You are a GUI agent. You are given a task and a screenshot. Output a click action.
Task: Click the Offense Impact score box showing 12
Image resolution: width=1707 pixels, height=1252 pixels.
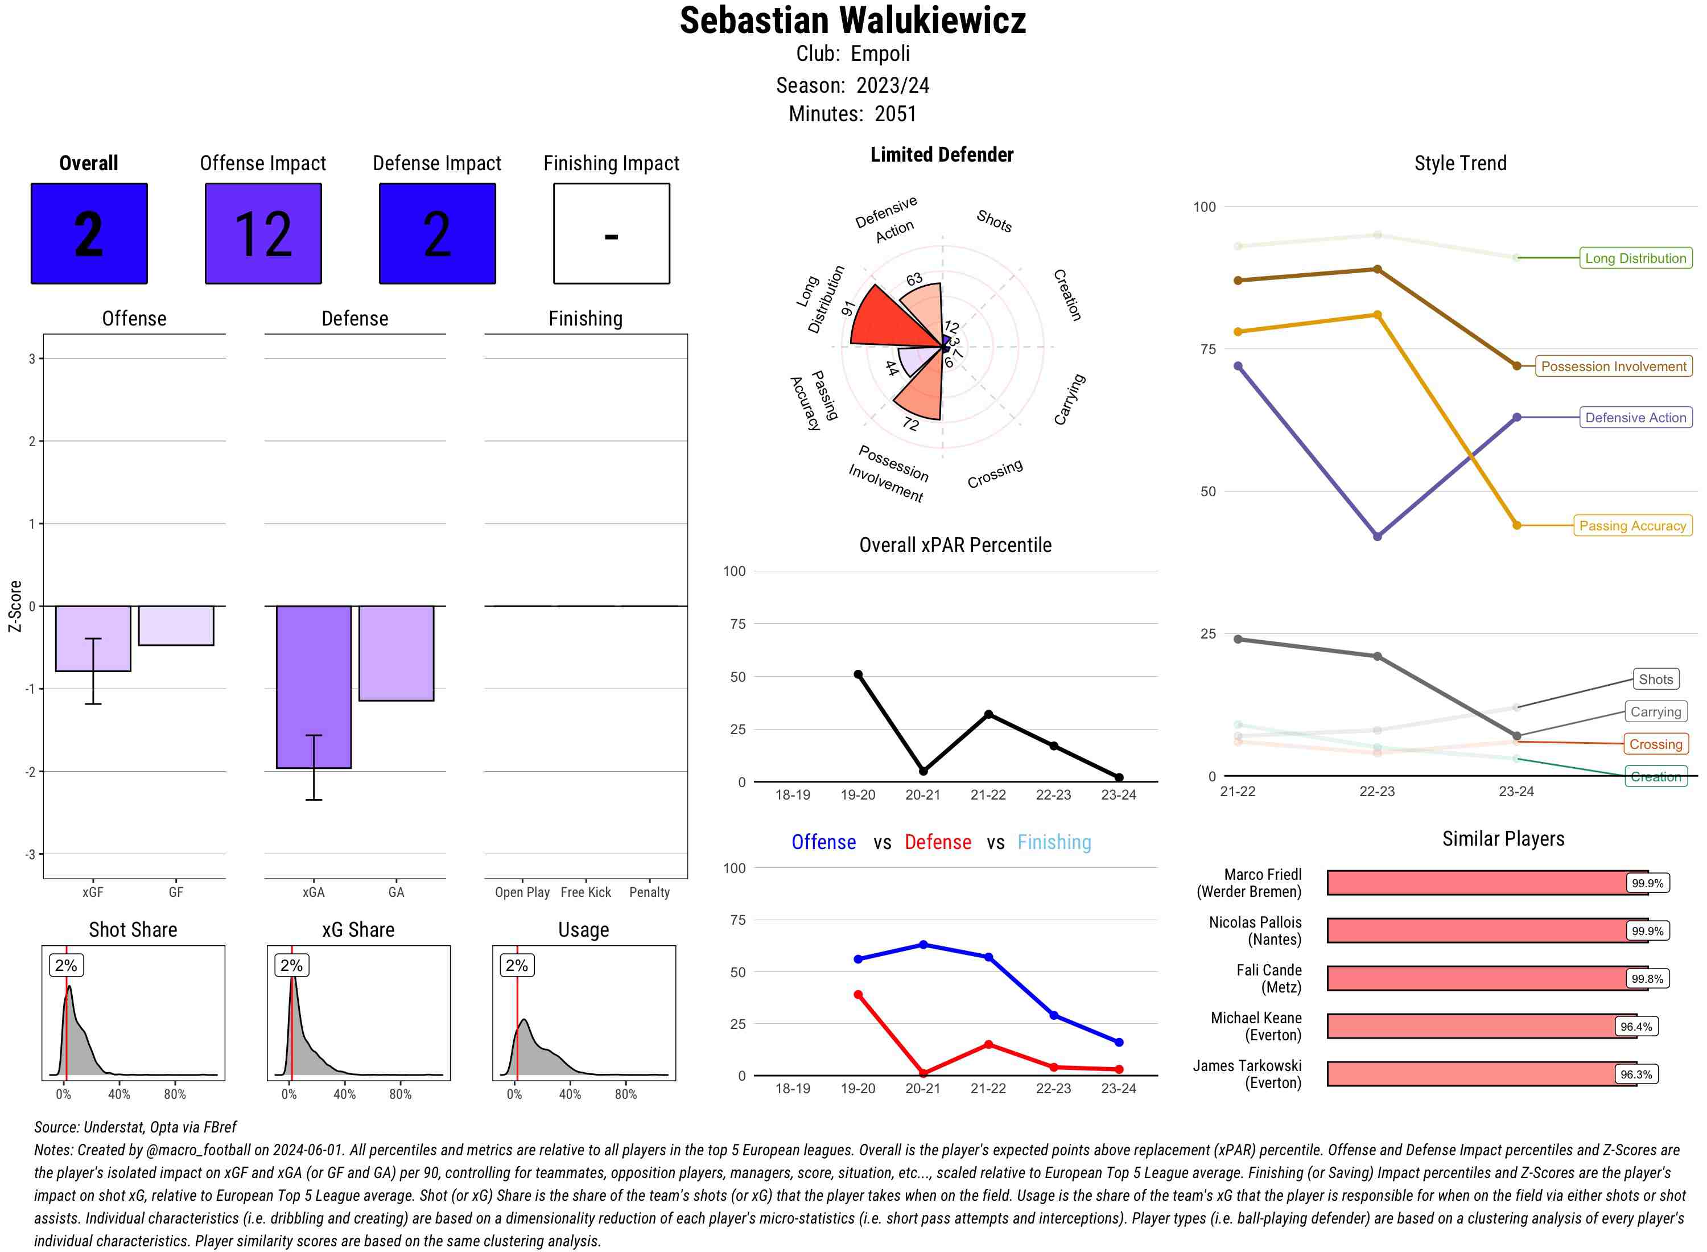(x=263, y=233)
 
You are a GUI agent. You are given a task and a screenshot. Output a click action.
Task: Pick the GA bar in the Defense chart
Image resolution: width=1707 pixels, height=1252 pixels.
(x=395, y=653)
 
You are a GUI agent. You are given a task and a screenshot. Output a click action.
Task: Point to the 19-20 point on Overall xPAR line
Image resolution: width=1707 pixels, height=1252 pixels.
(x=857, y=674)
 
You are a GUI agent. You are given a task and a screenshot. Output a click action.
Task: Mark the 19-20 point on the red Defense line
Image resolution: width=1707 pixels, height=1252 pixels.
(x=857, y=994)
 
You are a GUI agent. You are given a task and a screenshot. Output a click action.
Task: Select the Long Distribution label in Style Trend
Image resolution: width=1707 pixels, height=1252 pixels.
(x=1635, y=258)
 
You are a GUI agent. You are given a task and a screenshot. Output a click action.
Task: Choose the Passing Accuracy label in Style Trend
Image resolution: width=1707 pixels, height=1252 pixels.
(x=1632, y=526)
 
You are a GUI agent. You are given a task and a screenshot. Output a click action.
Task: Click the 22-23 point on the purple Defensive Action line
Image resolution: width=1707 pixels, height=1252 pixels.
(x=1376, y=537)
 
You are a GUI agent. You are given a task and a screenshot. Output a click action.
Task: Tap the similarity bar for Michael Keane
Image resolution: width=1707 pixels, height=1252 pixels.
(x=1481, y=1026)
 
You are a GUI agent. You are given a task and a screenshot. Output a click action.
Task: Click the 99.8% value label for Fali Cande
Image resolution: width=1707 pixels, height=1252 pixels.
(x=1647, y=978)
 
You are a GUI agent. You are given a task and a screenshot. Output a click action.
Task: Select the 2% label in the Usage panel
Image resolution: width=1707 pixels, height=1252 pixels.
(x=517, y=966)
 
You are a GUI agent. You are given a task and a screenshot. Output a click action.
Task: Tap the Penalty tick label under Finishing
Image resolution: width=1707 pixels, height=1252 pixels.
(x=649, y=892)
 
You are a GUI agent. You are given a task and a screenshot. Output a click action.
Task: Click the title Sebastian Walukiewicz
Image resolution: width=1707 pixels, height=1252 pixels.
(x=852, y=21)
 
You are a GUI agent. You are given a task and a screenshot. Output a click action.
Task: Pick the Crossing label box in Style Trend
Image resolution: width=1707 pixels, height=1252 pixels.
(x=1655, y=744)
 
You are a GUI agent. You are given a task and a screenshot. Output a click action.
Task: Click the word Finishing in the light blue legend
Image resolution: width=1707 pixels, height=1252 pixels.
(x=1054, y=842)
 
